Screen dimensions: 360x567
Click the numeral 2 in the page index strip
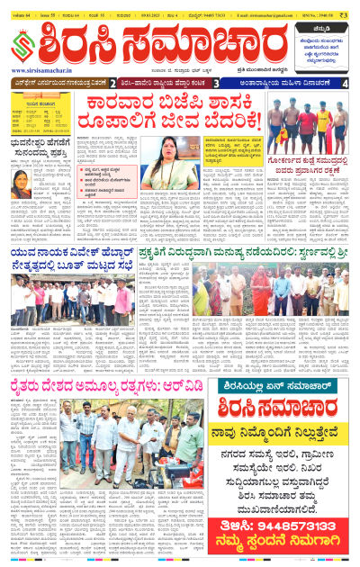click(114, 83)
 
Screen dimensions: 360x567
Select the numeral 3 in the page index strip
click(217, 83)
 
